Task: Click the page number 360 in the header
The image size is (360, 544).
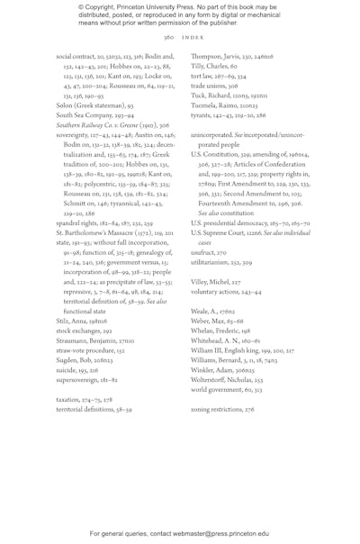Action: [168, 39]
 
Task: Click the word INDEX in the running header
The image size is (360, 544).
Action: [191, 39]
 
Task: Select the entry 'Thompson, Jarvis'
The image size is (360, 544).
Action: [219, 55]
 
